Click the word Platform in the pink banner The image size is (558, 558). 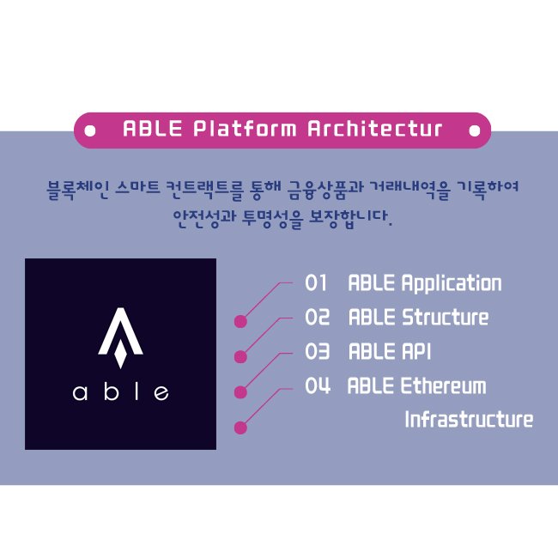(x=245, y=129)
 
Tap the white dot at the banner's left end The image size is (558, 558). (x=90, y=130)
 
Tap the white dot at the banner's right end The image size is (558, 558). (x=475, y=130)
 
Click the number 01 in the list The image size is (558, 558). (x=316, y=283)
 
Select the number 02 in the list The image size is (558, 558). (x=317, y=317)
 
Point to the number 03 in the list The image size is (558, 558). (x=317, y=351)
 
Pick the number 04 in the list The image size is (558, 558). (x=318, y=385)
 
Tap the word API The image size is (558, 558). (x=416, y=351)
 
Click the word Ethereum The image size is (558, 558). (x=444, y=385)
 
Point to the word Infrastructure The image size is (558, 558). (x=469, y=419)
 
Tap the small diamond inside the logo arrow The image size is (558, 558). (x=121, y=354)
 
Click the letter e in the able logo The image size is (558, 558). (x=161, y=393)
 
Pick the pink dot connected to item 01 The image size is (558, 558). (x=240, y=321)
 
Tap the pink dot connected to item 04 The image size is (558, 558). (x=240, y=428)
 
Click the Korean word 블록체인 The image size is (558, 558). (x=77, y=190)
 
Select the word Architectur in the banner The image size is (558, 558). (x=375, y=129)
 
